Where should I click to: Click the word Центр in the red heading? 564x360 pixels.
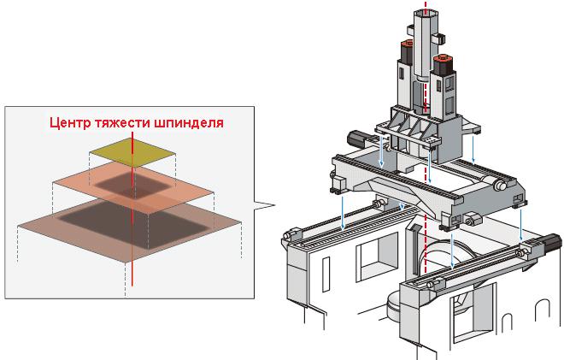pyautogui.click(x=70, y=123)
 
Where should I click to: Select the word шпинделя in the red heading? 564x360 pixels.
pyautogui.click(x=189, y=123)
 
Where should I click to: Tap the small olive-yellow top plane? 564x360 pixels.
pyautogui.click(x=132, y=152)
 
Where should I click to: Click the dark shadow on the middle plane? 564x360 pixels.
pyautogui.click(x=132, y=185)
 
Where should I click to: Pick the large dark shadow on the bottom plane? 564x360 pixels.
pyautogui.click(x=133, y=224)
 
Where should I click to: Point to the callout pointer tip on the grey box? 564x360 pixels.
pyautogui.click(x=275, y=205)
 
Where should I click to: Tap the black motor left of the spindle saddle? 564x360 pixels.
pyautogui.click(x=356, y=139)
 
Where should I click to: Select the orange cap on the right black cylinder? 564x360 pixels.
pyautogui.click(x=443, y=59)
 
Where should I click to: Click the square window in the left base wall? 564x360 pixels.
pyautogui.click(x=377, y=255)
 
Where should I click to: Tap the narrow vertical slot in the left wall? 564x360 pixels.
pyautogui.click(x=326, y=274)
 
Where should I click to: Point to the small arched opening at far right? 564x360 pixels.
pyautogui.click(x=542, y=311)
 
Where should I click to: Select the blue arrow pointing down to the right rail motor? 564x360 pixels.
pyautogui.click(x=520, y=225)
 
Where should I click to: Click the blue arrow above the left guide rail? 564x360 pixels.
pyautogui.click(x=343, y=212)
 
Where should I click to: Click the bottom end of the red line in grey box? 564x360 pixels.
pyautogui.click(x=132, y=286)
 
